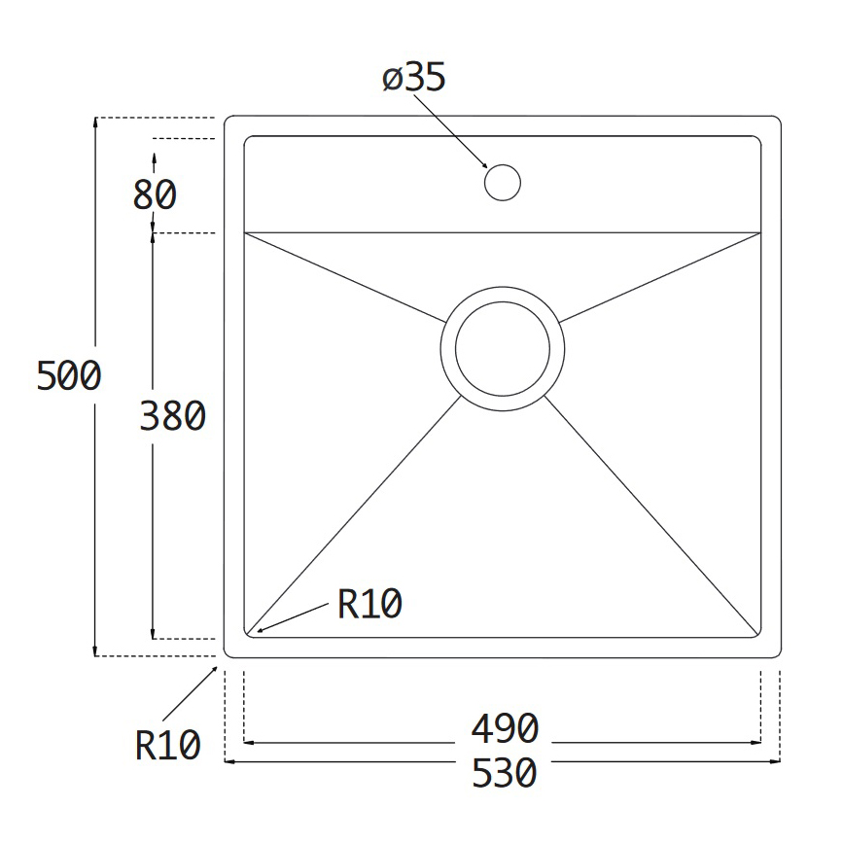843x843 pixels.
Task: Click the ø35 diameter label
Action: point(414,78)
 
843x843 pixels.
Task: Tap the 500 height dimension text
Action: point(69,375)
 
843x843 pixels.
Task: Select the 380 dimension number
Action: point(172,416)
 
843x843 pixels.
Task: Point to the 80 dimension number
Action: point(155,194)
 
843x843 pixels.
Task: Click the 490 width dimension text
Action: point(505,728)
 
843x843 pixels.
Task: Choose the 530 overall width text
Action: point(505,773)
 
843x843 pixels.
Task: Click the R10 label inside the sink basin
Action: point(369,604)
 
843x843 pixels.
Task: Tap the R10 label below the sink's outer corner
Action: point(168,745)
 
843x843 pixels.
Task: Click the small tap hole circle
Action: point(503,183)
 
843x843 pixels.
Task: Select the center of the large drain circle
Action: point(503,349)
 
